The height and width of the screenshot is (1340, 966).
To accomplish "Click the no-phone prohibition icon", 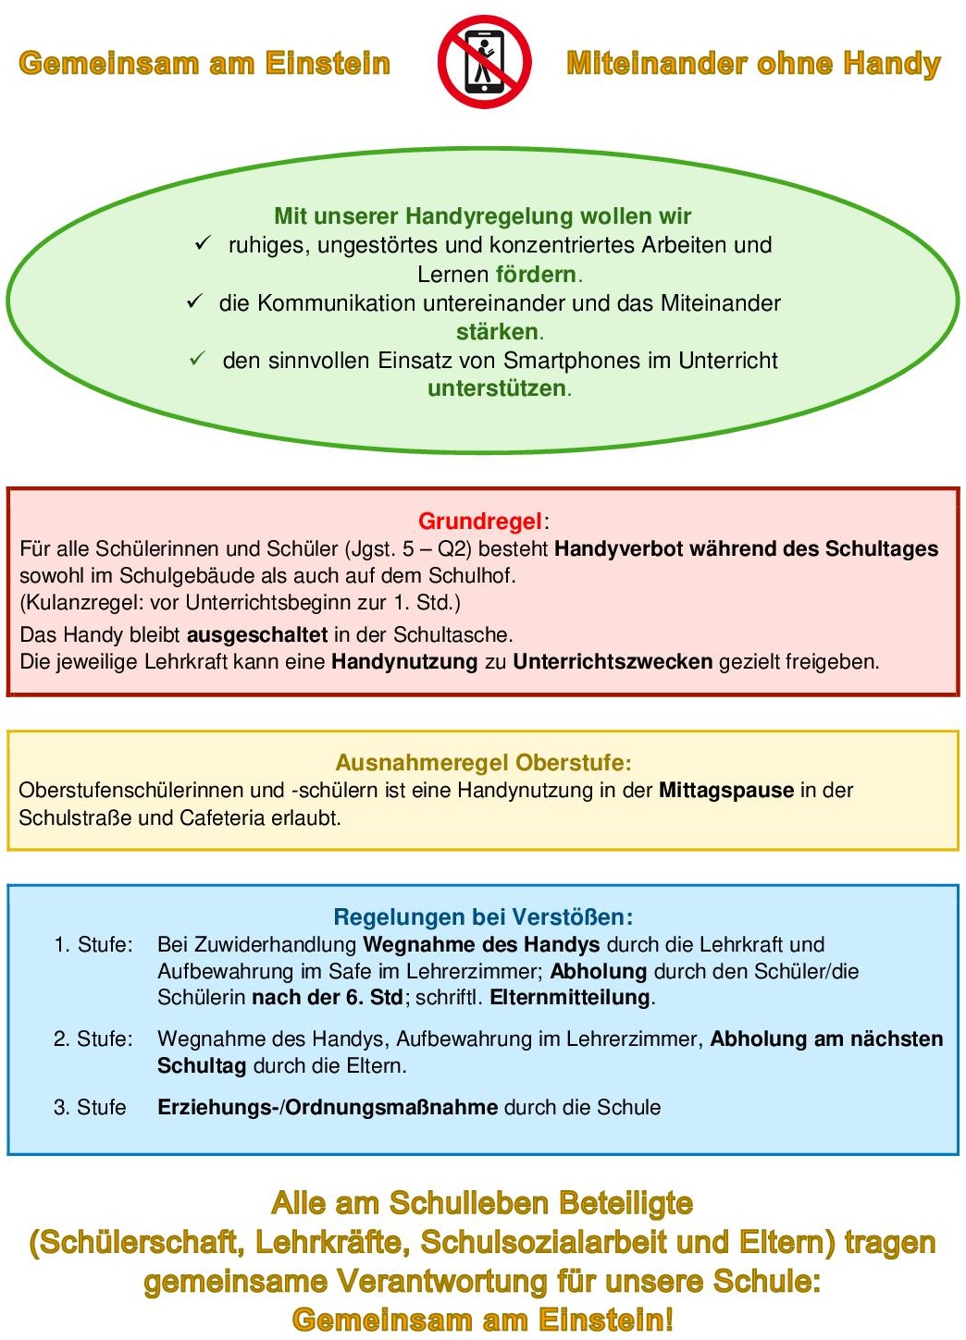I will (484, 62).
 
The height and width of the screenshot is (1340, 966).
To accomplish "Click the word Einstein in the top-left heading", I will (328, 63).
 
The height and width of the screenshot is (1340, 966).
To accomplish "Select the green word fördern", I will (536, 275).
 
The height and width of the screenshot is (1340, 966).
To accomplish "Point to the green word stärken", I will (497, 332).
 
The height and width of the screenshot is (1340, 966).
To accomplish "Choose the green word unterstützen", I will (497, 388).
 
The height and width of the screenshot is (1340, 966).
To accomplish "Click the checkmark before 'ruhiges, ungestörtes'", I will (204, 244).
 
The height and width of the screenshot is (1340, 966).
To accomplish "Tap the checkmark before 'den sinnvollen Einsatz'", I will (197, 359).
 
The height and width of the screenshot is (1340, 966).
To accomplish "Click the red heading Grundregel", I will (480, 521).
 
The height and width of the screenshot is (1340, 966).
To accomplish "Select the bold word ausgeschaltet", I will (257, 635).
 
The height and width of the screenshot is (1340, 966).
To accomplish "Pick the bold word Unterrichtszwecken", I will (613, 662).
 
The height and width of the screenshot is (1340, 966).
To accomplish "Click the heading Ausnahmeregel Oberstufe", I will (483, 763).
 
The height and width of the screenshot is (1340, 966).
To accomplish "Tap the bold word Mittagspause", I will (726, 791).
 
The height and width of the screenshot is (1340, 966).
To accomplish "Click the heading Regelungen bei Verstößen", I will (483, 917).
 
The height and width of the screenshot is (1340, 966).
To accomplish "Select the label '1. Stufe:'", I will (93, 944).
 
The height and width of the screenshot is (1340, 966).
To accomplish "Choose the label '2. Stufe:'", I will (93, 1039).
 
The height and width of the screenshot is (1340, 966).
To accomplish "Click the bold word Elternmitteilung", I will (571, 998).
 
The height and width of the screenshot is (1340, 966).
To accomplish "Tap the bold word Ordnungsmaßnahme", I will (391, 1107).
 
